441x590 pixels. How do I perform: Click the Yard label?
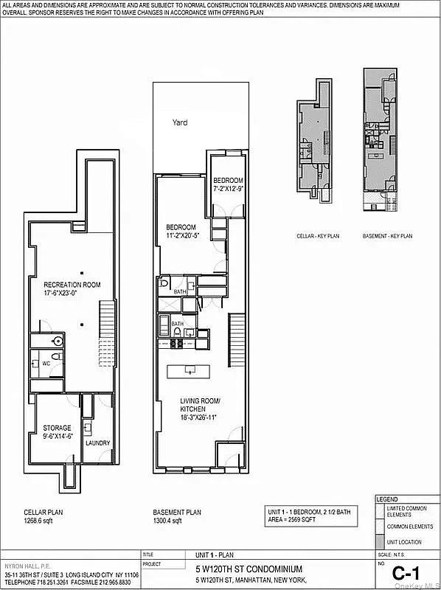180,123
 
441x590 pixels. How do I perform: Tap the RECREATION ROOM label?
72,285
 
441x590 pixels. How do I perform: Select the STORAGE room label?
57,428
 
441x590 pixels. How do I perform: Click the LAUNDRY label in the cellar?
97,443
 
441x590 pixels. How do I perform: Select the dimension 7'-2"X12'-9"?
228,189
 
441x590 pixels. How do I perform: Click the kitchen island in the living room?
189,370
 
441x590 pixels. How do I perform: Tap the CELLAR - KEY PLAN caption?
313,237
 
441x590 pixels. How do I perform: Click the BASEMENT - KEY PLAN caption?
386,237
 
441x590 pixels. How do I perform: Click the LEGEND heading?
388,499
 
